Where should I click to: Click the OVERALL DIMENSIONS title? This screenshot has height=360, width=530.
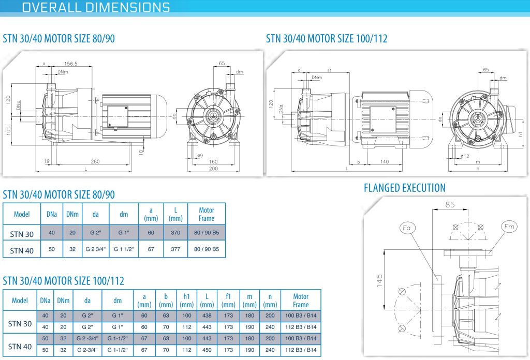96,7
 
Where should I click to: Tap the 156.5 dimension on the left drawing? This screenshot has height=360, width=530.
71,64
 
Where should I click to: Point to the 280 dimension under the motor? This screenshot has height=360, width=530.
95,161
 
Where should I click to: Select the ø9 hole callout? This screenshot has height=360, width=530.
200,156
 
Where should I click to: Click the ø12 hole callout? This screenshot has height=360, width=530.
465,156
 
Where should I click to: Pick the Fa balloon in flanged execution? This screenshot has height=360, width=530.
407,228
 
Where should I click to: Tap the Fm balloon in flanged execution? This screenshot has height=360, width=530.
509,227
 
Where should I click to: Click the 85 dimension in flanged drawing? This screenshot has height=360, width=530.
450,205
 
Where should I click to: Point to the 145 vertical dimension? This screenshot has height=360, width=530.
379,281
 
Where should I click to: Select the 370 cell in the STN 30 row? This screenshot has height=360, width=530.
175,232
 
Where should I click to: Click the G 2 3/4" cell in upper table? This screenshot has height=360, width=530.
95,249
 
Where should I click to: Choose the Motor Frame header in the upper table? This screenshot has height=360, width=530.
207,214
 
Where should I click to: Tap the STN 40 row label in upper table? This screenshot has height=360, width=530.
22,250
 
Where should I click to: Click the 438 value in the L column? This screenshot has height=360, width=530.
207,316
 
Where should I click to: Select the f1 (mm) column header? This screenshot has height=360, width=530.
228,300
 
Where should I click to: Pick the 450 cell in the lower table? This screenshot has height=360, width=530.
207,350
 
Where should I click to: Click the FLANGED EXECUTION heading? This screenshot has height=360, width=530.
405,188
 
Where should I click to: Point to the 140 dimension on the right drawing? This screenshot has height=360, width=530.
385,161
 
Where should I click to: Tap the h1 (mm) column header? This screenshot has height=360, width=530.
186,300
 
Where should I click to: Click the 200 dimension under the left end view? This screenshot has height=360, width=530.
213,169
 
